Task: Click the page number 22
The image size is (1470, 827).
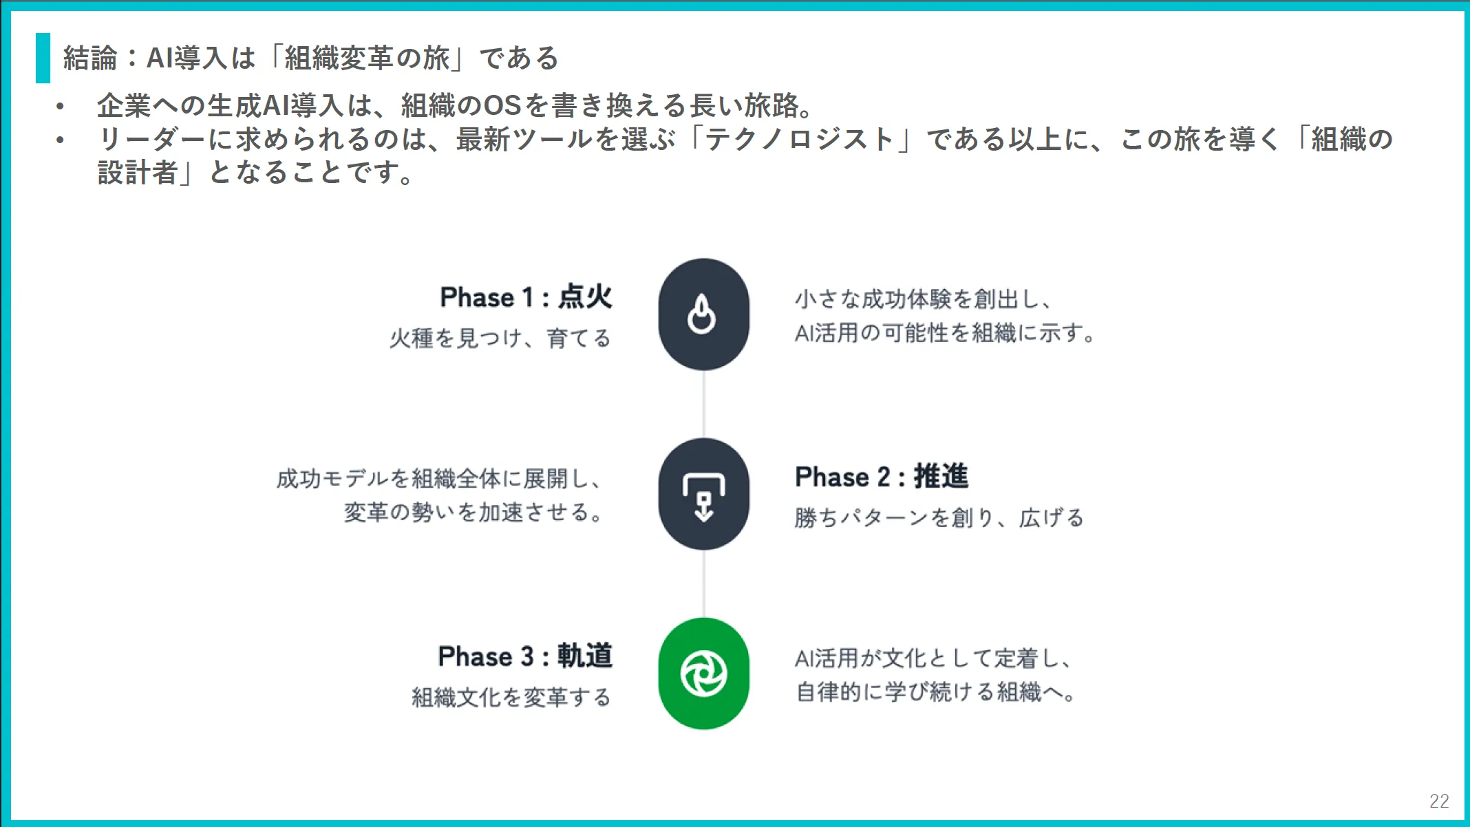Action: pos(1439,801)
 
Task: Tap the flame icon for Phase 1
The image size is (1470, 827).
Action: pos(701,314)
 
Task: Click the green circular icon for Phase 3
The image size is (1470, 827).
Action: pos(703,674)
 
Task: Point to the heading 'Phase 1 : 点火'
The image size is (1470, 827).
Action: pos(526,297)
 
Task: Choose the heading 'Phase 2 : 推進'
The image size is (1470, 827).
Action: pos(882,477)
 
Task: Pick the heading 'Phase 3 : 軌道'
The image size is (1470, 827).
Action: pos(526,656)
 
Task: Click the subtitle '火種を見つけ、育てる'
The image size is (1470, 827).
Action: pos(500,339)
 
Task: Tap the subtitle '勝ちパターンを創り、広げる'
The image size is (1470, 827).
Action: pos(939,518)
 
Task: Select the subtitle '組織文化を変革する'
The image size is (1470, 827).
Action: pos(511,698)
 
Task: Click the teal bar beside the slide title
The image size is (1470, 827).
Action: pos(43,58)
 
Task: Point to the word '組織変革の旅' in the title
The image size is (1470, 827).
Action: pos(367,58)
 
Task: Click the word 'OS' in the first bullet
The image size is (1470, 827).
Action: pos(502,106)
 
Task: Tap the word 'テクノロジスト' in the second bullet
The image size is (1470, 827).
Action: pos(799,139)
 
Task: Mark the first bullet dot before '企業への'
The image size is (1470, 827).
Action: pos(61,107)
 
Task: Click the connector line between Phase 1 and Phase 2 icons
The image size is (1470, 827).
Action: pos(703,405)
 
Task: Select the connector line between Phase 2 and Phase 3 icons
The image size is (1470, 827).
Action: pos(703,583)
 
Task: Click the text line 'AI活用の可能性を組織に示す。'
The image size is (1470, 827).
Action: pos(945,333)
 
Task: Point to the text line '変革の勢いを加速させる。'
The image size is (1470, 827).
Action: pos(474,513)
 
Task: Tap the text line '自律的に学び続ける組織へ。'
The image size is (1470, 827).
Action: pos(936,692)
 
